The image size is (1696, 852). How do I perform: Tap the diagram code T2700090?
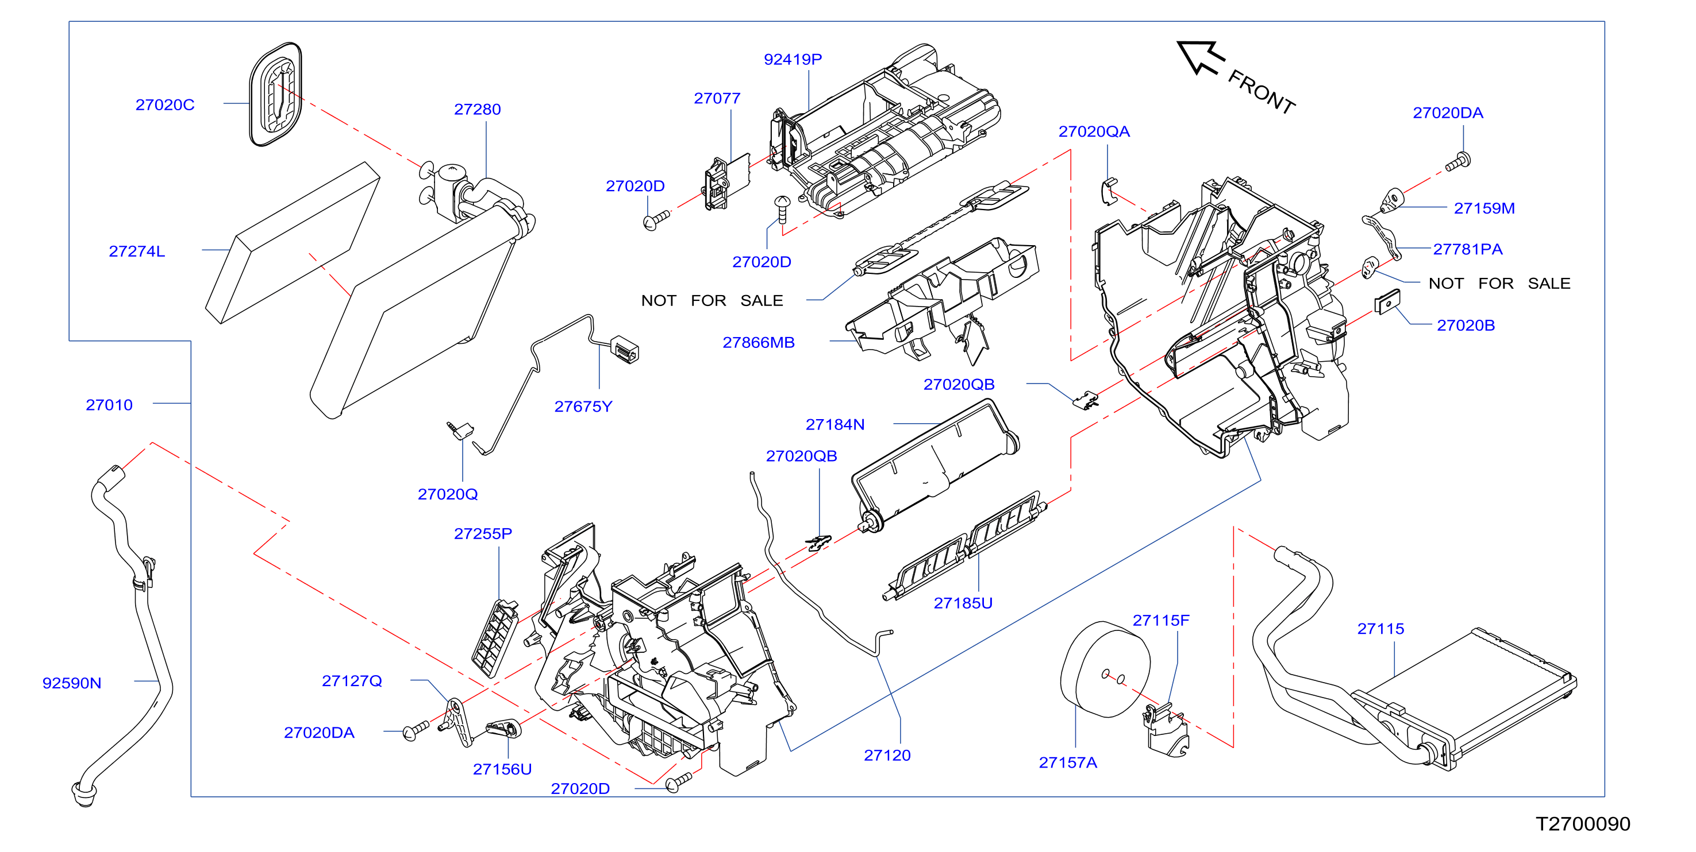click(1583, 824)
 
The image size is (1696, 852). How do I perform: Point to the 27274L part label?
click(137, 251)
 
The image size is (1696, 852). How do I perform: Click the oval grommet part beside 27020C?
click(275, 94)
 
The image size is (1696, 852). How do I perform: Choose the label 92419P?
click(793, 59)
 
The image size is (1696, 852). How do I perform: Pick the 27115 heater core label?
click(1380, 629)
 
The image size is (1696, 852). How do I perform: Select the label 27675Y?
click(583, 406)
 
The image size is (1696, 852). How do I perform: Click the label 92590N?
click(72, 683)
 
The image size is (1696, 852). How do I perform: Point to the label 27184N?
click(835, 425)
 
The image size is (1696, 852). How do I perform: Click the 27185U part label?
click(963, 603)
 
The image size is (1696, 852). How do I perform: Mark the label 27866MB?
click(759, 343)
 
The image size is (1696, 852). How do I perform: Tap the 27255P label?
click(483, 533)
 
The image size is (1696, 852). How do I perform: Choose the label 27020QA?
click(1094, 131)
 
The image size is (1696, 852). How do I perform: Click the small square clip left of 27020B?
click(1387, 302)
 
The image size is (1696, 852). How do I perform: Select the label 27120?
click(887, 756)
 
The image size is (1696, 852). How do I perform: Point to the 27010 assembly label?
click(109, 405)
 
